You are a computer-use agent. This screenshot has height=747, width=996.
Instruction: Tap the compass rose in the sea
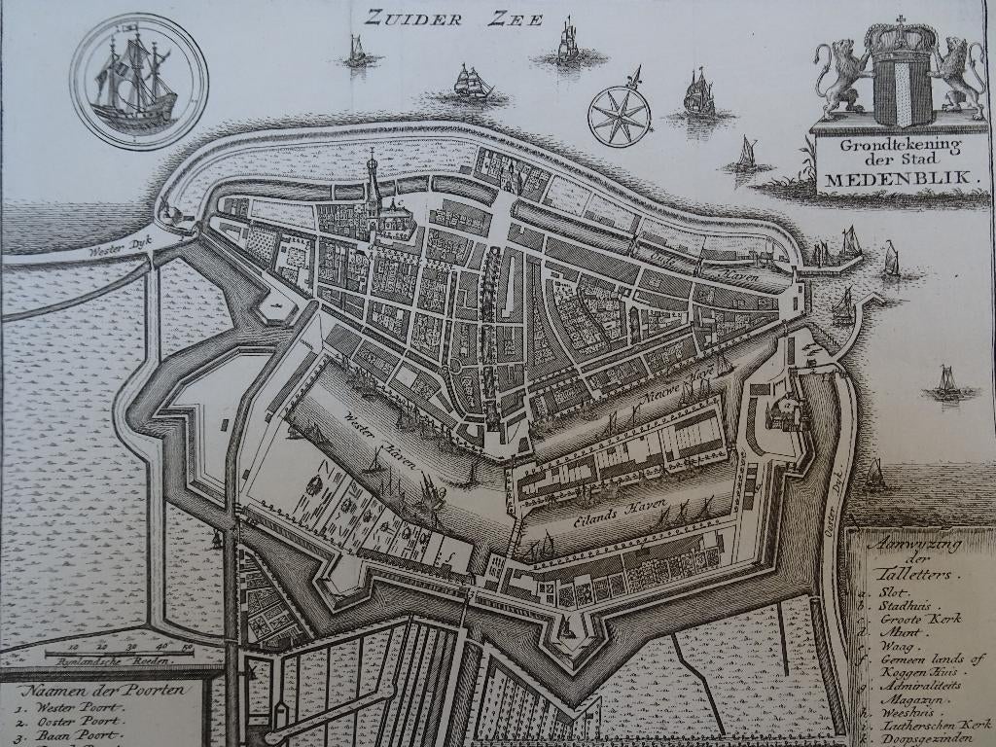[620, 116]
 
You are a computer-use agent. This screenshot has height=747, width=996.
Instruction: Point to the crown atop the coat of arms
[901, 37]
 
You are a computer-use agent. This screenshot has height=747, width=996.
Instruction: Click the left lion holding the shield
[843, 76]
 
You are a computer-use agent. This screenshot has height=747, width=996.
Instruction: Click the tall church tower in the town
[373, 185]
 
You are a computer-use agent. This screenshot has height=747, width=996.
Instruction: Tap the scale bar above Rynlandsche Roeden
[119, 651]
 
